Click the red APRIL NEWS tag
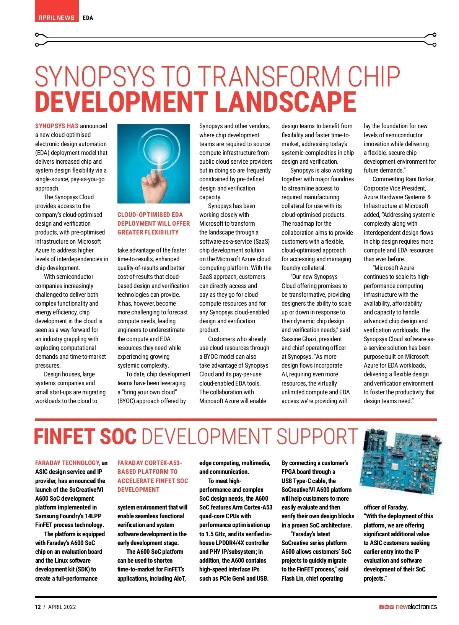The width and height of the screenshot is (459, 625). [x=57, y=18]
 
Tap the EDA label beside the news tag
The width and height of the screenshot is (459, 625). [x=88, y=18]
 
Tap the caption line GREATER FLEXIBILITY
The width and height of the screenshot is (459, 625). [x=148, y=232]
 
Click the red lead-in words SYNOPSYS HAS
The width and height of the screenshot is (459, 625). [x=57, y=126]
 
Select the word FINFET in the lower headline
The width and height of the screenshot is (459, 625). [x=64, y=437]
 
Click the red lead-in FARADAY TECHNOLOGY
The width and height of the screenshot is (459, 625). [x=67, y=463]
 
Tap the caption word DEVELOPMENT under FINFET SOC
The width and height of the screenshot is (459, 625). [x=138, y=490]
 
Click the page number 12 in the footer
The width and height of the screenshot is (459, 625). [x=38, y=607]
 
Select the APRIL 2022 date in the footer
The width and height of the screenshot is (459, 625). [x=62, y=607]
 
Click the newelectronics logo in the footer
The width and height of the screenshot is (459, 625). [x=416, y=607]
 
